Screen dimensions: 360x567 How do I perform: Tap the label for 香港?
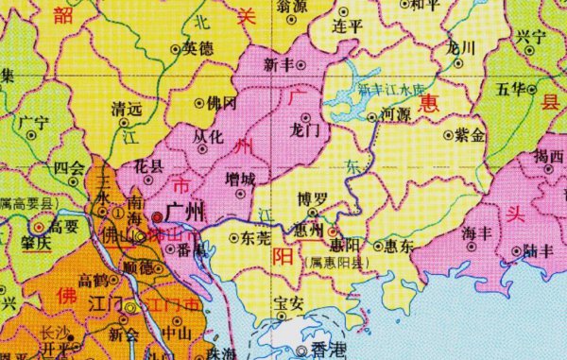click(327, 351)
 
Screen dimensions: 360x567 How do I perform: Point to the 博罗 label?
click(313, 200)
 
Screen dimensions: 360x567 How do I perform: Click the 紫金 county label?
click(471, 136)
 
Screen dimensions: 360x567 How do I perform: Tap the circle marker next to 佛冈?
click(199, 103)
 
